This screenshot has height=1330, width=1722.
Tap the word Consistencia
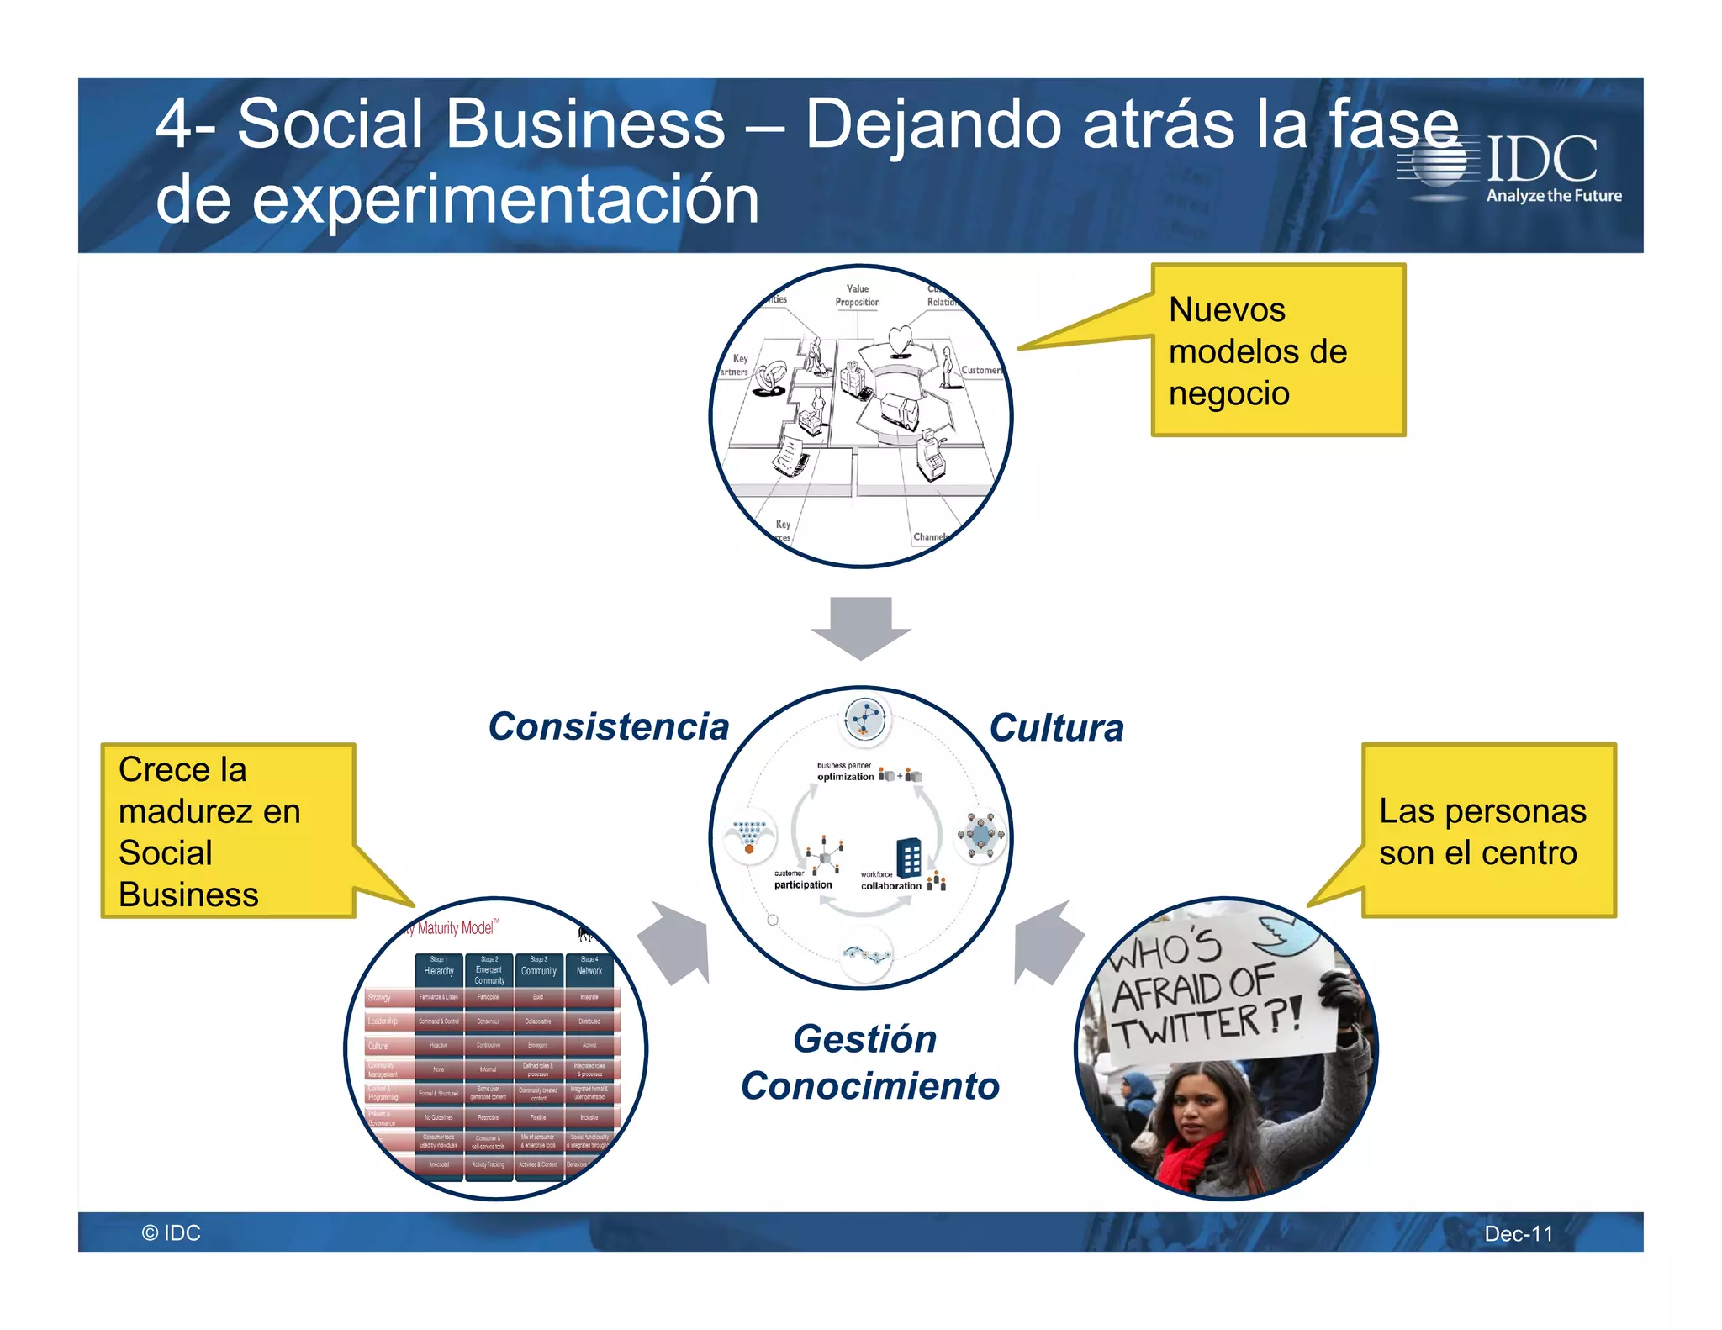point(608,726)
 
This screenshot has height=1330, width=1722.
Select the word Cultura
point(1056,728)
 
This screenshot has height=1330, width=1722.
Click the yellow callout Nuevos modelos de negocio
point(1277,351)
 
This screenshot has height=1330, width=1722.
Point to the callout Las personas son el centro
point(1487,831)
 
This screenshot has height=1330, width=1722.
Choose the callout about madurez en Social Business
point(228,831)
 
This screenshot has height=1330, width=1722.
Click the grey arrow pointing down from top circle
point(860,627)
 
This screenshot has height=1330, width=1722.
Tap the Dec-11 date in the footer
point(1519,1233)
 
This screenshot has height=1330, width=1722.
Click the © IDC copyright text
point(171,1232)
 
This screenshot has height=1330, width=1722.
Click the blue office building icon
point(908,857)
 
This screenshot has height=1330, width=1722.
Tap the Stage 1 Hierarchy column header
point(439,967)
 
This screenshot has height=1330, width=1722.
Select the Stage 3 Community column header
point(538,967)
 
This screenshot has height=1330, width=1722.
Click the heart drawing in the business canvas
point(900,340)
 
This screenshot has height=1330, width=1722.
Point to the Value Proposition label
point(857,295)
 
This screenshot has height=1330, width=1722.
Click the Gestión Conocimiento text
point(869,1062)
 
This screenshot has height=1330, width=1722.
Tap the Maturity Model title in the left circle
point(455,928)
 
